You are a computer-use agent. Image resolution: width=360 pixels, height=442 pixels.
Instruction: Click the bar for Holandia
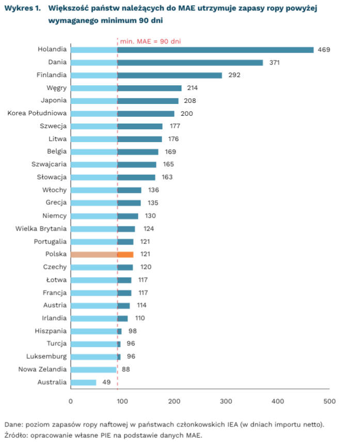click(192, 50)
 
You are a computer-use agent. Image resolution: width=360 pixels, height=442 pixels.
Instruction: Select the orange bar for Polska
click(102, 254)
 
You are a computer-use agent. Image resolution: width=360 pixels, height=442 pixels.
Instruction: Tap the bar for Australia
click(83, 383)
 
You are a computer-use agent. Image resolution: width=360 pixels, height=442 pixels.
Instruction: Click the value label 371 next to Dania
click(275, 63)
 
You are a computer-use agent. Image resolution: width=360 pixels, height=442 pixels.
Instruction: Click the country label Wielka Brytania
click(41, 228)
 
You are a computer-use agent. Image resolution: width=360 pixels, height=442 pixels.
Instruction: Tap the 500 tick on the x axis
click(330, 401)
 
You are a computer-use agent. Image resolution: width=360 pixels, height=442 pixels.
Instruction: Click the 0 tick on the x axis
click(71, 401)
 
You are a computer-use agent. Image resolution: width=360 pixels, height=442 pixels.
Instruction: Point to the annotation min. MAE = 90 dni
click(150, 41)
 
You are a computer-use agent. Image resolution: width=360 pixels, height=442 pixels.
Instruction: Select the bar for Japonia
click(124, 101)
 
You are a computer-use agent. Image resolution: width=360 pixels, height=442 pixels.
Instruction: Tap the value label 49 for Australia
click(106, 383)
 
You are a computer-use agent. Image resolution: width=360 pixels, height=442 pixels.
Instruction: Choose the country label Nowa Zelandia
click(42, 370)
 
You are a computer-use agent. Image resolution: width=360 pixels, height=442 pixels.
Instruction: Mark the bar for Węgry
click(126, 88)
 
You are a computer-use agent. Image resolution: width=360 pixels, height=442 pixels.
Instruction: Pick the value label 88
click(126, 370)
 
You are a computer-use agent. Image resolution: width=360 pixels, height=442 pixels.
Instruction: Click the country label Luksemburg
click(46, 357)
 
